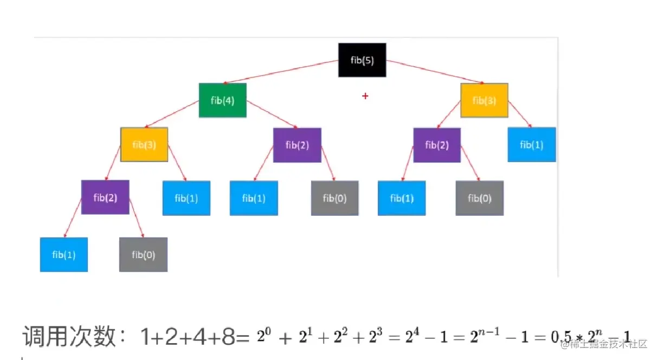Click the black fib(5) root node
click(362, 60)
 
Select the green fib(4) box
click(222, 100)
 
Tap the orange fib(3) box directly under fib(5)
click(484, 100)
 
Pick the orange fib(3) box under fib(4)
click(144, 144)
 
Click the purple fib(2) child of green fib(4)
click(297, 145)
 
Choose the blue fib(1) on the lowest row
click(63, 254)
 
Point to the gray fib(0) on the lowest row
click(143, 254)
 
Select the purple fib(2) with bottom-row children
click(105, 197)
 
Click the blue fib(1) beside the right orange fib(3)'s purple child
click(531, 144)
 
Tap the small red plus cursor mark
click(365, 96)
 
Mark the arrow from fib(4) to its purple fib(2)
click(271, 114)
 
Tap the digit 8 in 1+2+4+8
click(228, 338)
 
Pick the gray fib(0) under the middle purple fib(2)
click(334, 198)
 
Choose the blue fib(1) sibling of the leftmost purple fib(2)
click(186, 198)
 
